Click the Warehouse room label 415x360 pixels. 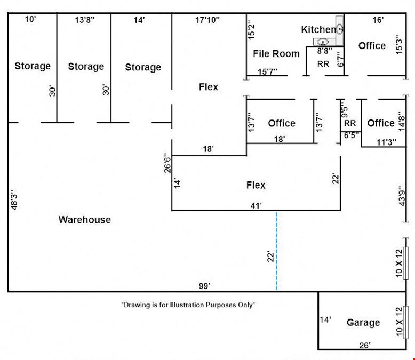(85, 220)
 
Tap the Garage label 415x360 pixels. (363, 323)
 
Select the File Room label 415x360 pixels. (276, 54)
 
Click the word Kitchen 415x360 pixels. (318, 30)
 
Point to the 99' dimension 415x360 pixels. (205, 286)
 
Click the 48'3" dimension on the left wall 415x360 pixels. (14, 199)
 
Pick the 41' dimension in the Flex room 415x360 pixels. (256, 205)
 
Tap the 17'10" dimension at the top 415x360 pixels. (207, 20)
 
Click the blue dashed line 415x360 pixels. (277, 251)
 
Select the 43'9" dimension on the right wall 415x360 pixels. (402, 196)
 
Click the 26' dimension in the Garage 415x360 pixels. (365, 345)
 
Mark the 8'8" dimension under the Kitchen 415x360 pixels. (324, 51)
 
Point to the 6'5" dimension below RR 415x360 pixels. (352, 135)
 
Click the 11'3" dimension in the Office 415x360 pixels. (386, 142)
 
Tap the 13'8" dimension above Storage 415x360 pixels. (85, 20)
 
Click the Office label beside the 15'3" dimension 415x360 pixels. (372, 46)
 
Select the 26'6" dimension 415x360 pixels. (167, 163)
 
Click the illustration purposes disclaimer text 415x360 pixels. (188, 305)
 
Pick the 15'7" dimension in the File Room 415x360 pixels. (267, 71)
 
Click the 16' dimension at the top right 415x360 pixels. (378, 20)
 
